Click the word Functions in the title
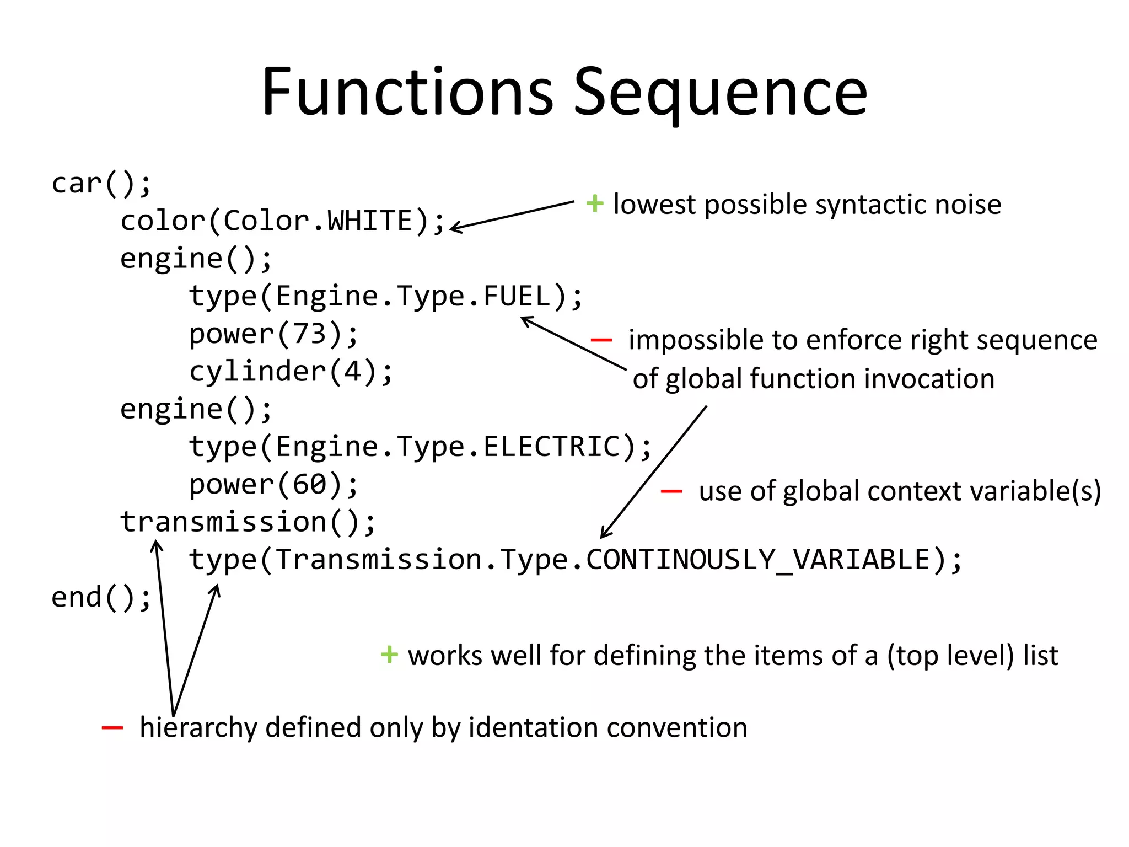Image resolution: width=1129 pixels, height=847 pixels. tap(407, 92)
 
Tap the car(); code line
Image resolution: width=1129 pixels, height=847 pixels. tap(101, 184)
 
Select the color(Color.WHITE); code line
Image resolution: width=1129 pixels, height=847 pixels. tap(282, 221)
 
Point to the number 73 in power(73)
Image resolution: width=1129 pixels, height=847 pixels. tap(309, 334)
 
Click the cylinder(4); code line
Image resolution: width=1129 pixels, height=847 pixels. tap(291, 372)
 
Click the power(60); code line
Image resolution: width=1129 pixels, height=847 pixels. tap(273, 485)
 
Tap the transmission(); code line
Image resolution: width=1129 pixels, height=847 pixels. tap(248, 522)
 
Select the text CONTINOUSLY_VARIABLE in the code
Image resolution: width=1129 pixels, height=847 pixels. tap(758, 560)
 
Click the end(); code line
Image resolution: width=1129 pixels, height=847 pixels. tap(101, 598)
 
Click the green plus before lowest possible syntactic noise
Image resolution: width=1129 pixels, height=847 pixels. tap(595, 203)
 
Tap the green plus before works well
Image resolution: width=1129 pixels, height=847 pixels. tap(389, 655)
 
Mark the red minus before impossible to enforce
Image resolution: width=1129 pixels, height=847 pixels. tap(601, 340)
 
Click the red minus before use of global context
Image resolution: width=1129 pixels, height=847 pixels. tap(671, 491)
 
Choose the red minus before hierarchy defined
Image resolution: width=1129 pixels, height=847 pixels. tap(112, 728)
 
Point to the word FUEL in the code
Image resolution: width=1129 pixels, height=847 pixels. tap(517, 297)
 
